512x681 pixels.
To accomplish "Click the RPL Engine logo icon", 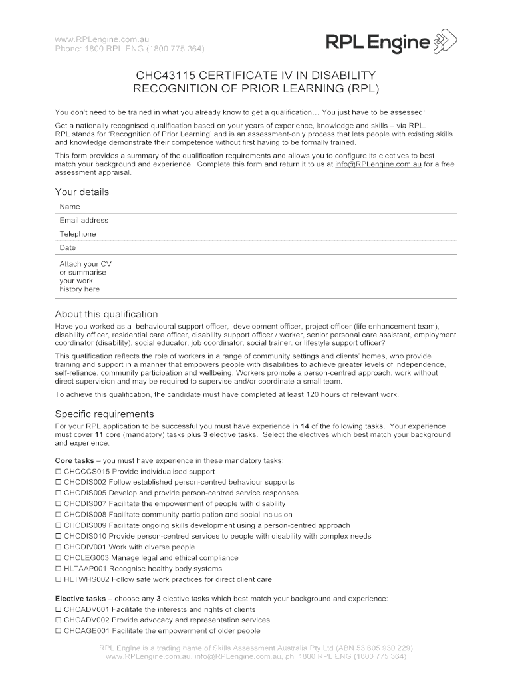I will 445,41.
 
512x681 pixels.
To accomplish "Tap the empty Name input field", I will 289,207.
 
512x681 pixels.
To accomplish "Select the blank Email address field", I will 289,220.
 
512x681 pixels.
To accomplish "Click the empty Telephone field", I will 289,234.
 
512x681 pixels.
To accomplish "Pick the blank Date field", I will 289,247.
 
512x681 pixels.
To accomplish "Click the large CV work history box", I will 289,276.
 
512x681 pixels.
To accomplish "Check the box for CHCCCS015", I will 58,472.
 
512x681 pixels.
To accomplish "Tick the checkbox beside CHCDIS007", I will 58,504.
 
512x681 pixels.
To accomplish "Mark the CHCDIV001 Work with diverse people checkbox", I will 58,547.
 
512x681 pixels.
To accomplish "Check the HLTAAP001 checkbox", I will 58,569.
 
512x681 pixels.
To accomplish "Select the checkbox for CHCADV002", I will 58,620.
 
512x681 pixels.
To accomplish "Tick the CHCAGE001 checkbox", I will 58,631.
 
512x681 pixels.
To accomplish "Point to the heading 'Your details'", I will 82,192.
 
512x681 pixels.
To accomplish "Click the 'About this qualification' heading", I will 106,314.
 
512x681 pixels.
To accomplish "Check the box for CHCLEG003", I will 58,559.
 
